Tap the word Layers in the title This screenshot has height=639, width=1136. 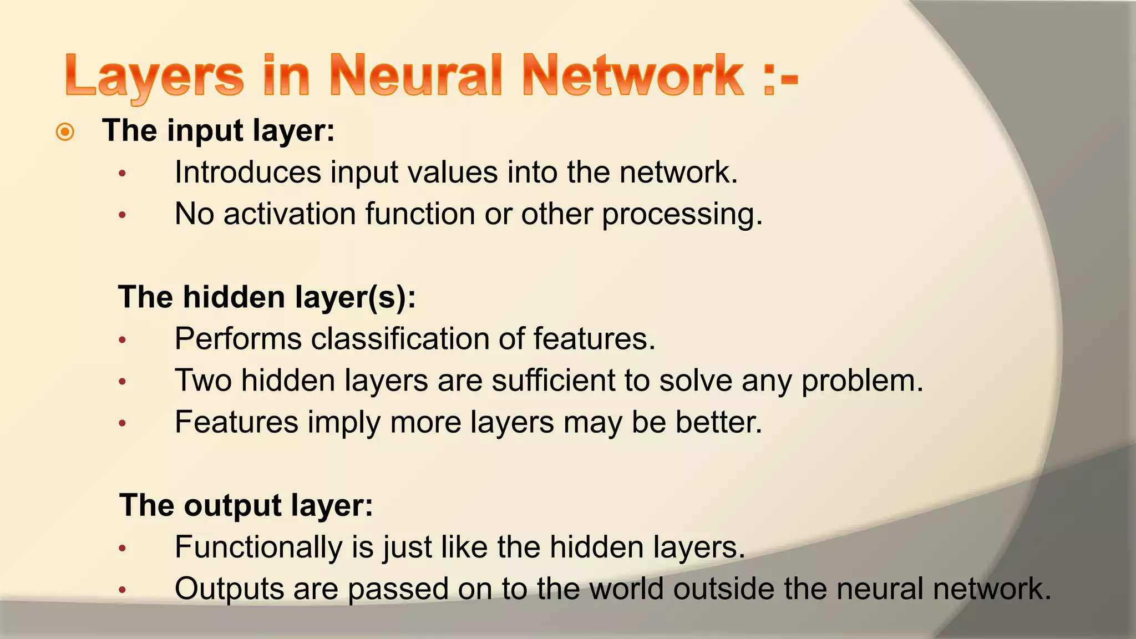(x=154, y=77)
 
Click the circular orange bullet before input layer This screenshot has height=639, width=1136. (x=65, y=132)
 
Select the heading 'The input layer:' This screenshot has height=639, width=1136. (x=219, y=131)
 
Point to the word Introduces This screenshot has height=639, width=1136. (x=247, y=172)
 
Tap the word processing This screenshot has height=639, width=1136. (x=682, y=215)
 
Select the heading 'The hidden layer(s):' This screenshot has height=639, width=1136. (x=267, y=297)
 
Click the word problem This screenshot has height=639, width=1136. (x=862, y=382)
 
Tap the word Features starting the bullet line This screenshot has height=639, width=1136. (x=236, y=422)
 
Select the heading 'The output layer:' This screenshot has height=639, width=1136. (x=246, y=505)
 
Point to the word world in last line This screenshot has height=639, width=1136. (x=626, y=589)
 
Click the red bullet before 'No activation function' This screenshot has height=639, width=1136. (x=123, y=215)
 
